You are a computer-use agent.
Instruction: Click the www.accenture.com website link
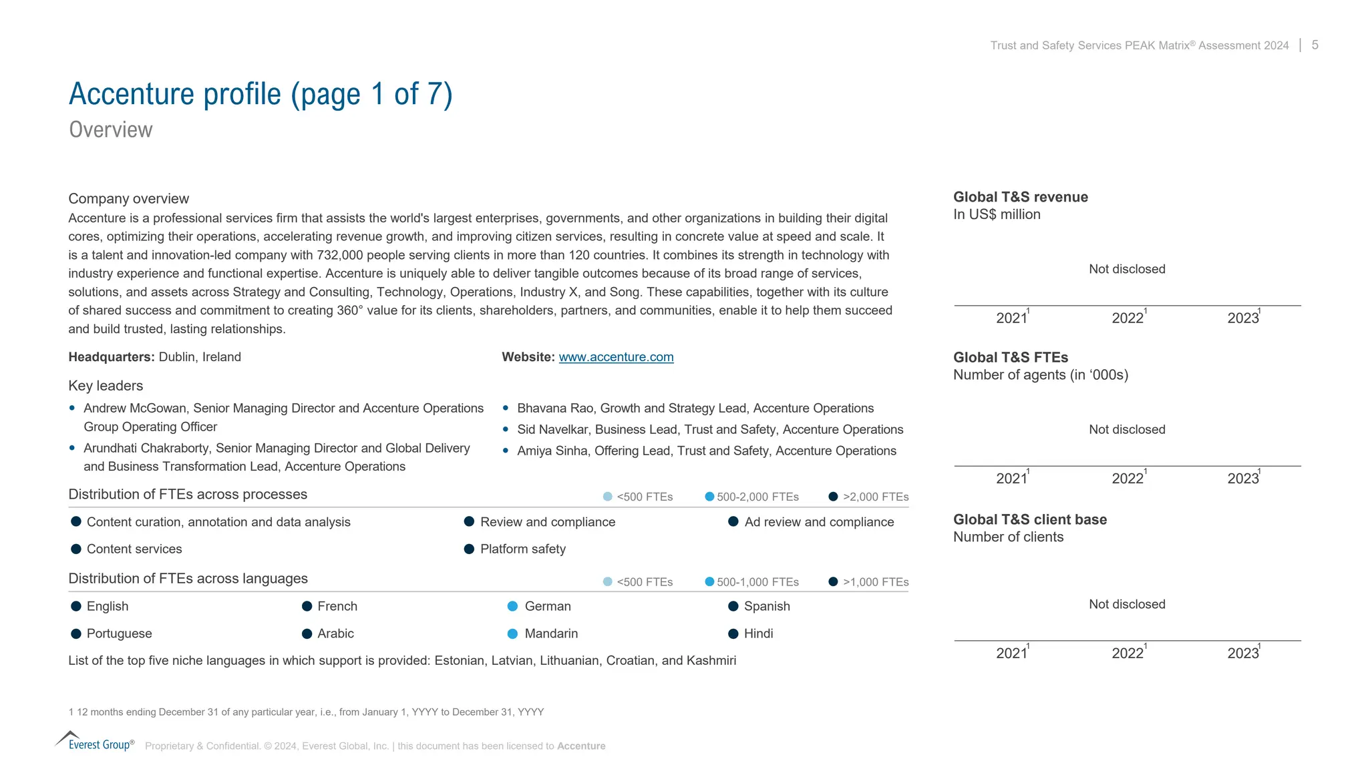[616, 357]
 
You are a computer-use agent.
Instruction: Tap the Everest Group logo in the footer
[95, 742]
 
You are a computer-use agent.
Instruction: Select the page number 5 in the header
[1315, 45]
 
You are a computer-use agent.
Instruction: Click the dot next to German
[512, 606]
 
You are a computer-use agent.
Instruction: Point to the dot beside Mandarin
[512, 633]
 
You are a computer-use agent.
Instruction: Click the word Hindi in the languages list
[758, 633]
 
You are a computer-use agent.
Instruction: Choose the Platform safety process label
[522, 549]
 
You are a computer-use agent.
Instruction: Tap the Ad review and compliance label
[819, 522]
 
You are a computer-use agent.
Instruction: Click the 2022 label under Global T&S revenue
[1128, 318]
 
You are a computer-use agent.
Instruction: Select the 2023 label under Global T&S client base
[1243, 653]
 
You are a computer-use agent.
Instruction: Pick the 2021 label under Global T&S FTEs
[1011, 478]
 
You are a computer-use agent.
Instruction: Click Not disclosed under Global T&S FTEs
[1127, 429]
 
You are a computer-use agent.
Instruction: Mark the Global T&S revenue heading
[1020, 197]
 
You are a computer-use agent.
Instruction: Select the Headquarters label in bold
[111, 357]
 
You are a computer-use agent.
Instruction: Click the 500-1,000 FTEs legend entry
[757, 582]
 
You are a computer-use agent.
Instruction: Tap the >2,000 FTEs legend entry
[875, 497]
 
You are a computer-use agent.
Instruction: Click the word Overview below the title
[111, 130]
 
